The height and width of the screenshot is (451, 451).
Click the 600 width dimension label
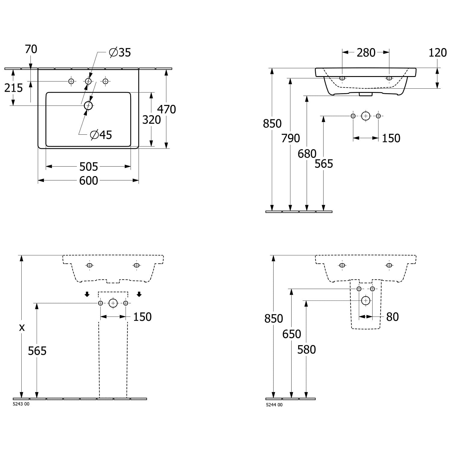coord(89,180)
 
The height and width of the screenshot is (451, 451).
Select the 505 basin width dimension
coord(89,166)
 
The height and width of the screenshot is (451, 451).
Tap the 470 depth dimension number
coord(167,109)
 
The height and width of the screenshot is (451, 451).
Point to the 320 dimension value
coord(152,120)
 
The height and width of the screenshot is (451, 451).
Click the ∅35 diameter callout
coord(120,53)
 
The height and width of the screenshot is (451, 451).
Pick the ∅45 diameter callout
coord(101,135)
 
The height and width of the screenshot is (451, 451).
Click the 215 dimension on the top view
coord(14,88)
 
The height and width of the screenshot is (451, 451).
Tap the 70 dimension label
coord(31,49)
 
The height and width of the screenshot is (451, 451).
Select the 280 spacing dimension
coord(366,53)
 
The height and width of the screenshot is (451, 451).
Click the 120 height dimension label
coord(437,53)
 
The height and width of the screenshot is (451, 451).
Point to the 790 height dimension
coord(291,138)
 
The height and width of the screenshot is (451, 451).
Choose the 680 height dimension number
coord(307,154)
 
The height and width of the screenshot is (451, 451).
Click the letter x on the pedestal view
coord(22,327)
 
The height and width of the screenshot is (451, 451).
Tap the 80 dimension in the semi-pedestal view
coord(392,317)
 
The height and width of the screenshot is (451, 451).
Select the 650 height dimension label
coord(292,334)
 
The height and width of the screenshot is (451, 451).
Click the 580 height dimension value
coord(306,350)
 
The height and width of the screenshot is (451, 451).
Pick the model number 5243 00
coord(21,404)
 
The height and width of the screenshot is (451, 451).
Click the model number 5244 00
coord(274,405)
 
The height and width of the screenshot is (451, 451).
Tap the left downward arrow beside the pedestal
coord(87,294)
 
